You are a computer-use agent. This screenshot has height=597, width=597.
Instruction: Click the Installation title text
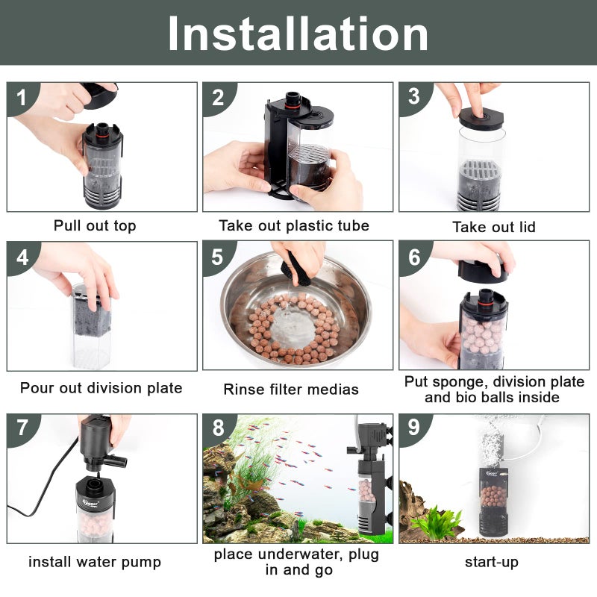[x=298, y=34]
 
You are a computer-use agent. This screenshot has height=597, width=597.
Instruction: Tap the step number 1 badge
[x=22, y=97]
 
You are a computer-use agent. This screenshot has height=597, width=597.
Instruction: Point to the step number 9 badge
[x=414, y=428]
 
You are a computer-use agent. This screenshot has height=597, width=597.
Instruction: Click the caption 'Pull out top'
[x=95, y=225]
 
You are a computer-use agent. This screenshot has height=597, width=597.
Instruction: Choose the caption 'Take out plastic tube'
[x=294, y=225]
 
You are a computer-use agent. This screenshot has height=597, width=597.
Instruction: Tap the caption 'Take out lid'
[x=494, y=227]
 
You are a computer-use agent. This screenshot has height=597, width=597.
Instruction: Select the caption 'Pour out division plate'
[x=101, y=388]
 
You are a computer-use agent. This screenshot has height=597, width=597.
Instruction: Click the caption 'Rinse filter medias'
[x=291, y=389]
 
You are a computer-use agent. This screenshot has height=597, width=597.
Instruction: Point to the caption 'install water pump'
[x=95, y=561]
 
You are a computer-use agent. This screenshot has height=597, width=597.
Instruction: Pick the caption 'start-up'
[x=492, y=561]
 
